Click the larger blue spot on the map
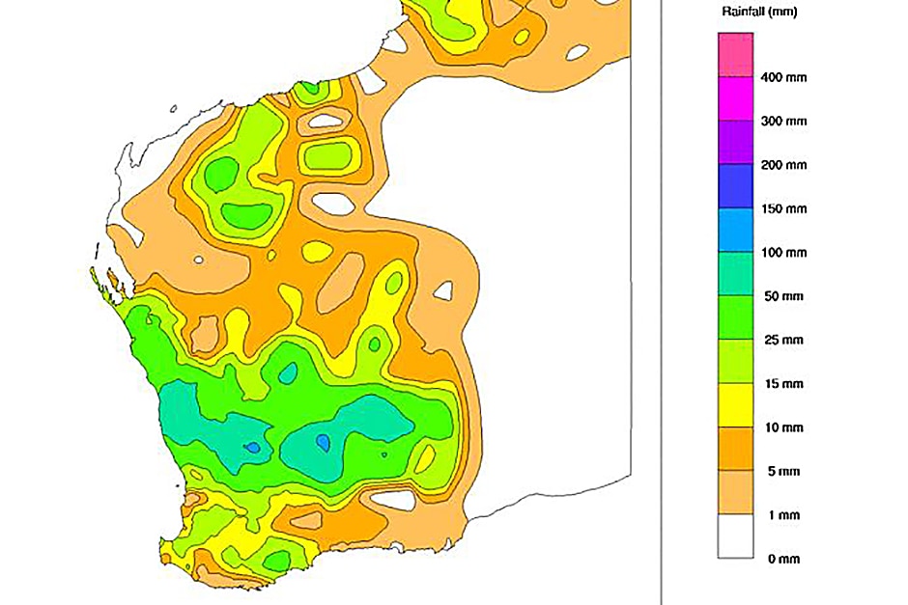coord(323,442)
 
